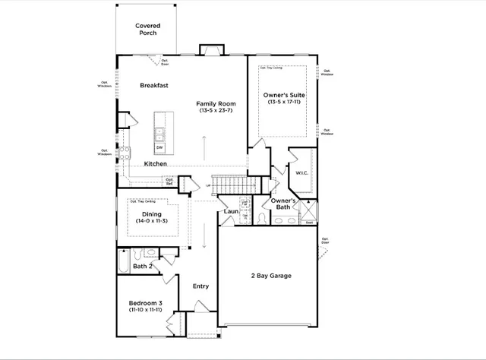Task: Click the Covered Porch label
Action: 147,30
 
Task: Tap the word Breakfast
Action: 153,86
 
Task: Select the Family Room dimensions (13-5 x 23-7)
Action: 216,111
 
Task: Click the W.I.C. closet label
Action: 301,172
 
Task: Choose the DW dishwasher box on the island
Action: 159,147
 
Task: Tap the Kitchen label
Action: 156,164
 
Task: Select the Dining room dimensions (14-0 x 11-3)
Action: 152,221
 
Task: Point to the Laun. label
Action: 232,213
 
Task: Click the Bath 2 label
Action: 144,267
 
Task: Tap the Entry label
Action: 200,286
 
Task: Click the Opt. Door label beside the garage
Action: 325,242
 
